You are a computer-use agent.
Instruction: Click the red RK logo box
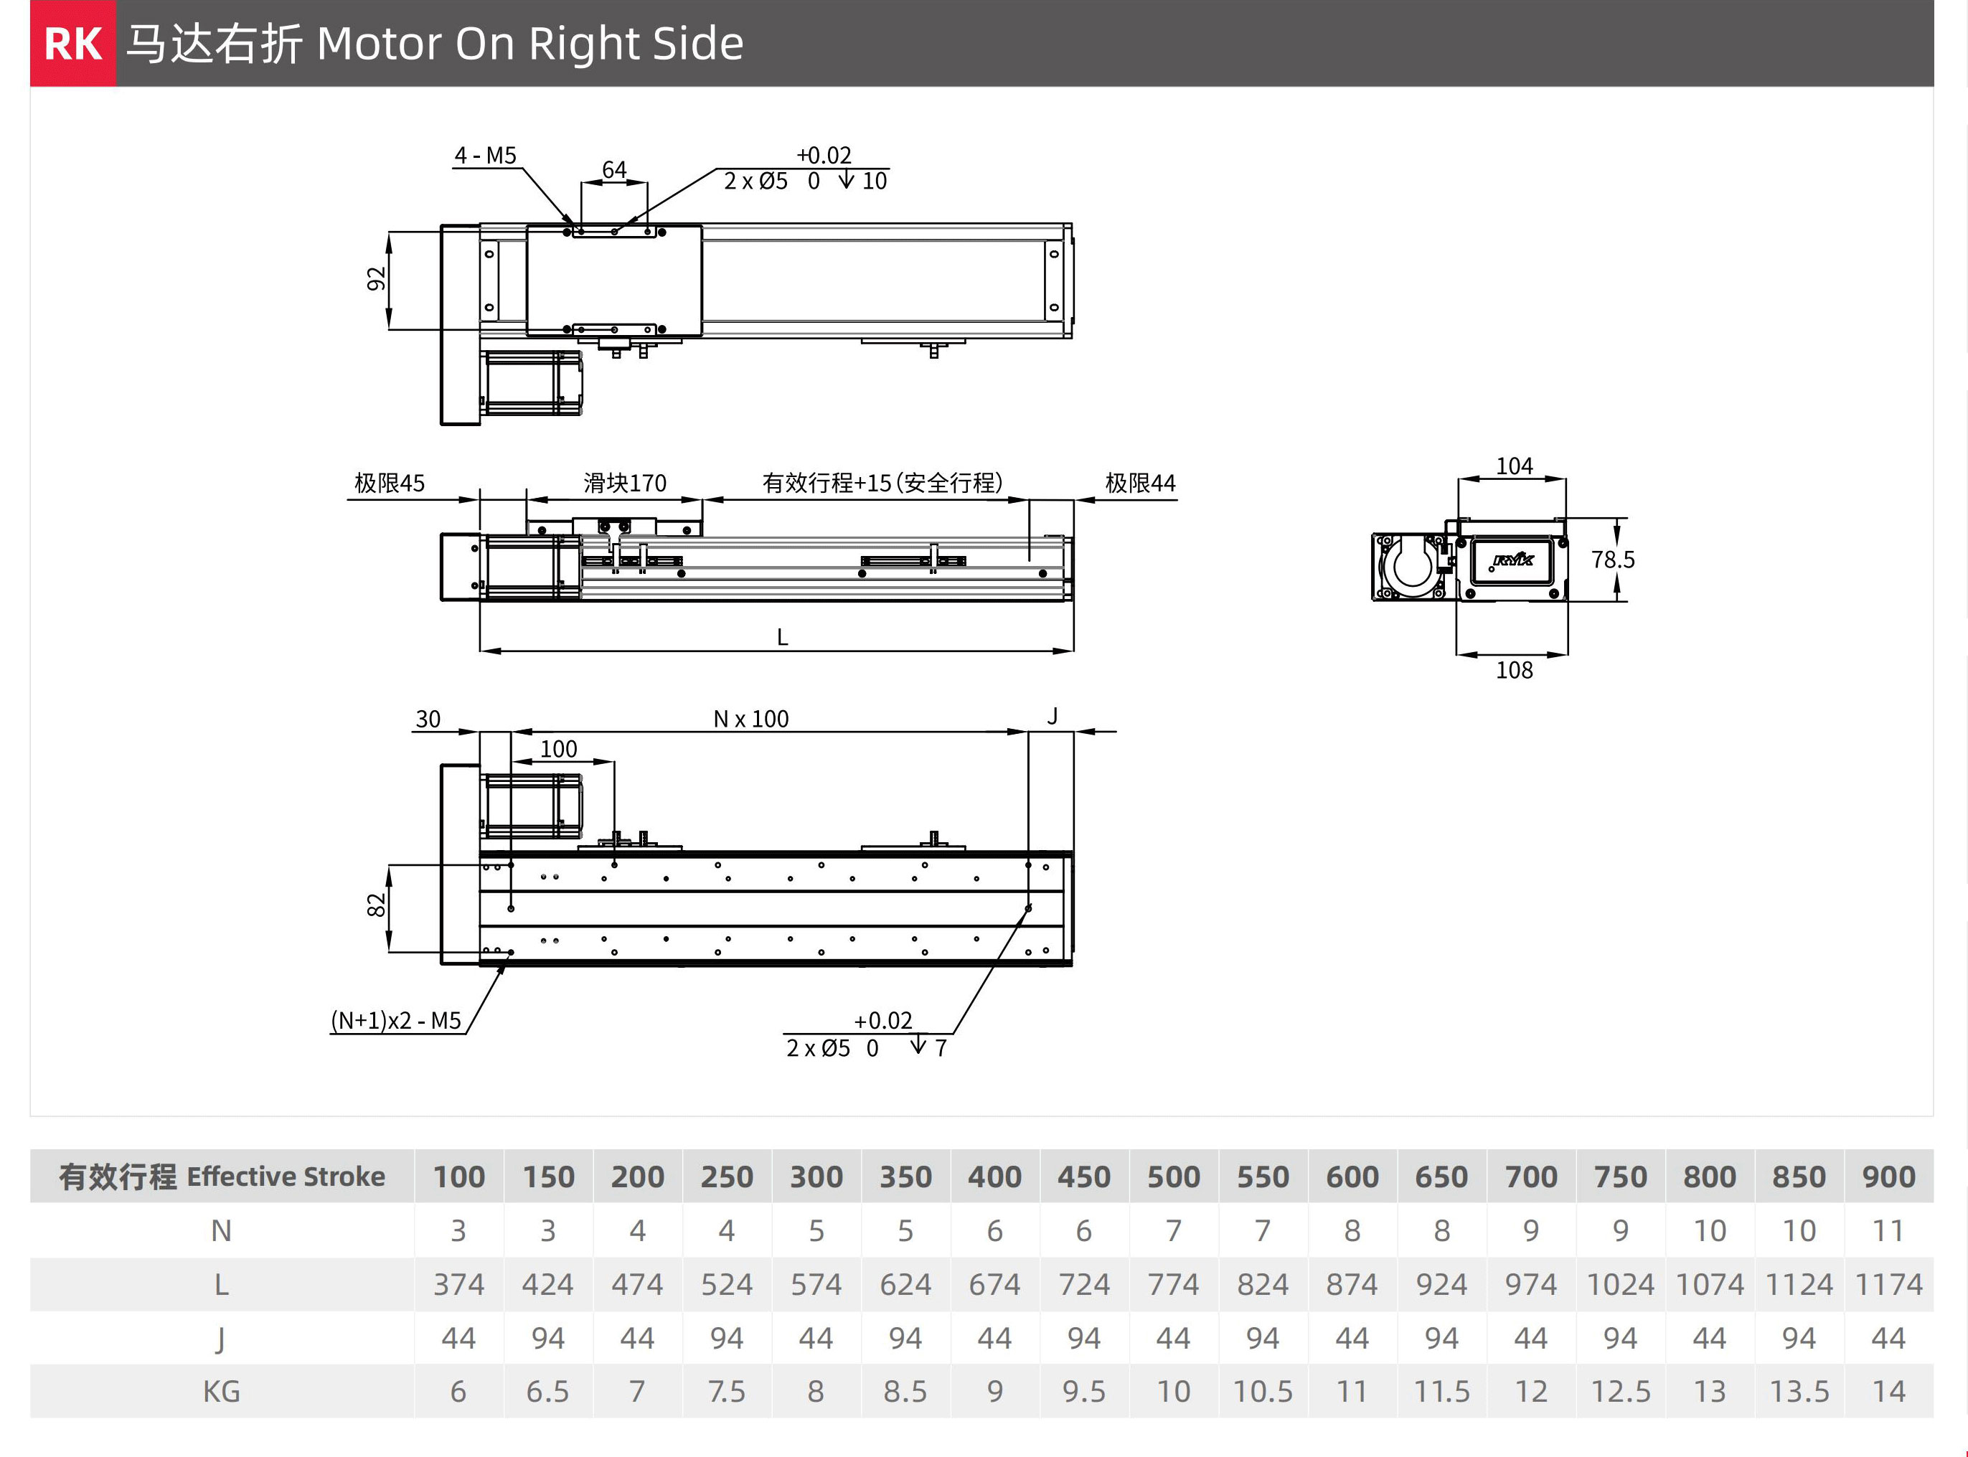click(73, 43)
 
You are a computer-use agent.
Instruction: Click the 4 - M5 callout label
click(484, 156)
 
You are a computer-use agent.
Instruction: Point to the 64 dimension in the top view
click(614, 169)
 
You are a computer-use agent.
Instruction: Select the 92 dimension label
click(377, 278)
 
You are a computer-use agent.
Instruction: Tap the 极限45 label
click(389, 484)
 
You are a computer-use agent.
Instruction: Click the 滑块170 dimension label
click(624, 484)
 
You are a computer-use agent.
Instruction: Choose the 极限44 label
click(1140, 484)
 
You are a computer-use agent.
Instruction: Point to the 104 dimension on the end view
click(1514, 466)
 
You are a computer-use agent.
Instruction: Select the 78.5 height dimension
click(1613, 560)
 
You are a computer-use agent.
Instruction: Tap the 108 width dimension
click(1514, 670)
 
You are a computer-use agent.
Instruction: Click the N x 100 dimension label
click(750, 719)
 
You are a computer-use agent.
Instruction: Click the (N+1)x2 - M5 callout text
click(396, 1020)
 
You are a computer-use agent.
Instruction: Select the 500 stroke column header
click(1173, 1177)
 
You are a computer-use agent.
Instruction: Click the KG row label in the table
click(222, 1392)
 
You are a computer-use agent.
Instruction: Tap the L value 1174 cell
click(1888, 1284)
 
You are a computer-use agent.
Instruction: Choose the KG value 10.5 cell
click(1262, 1392)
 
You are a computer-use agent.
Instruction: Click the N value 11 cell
click(1888, 1230)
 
